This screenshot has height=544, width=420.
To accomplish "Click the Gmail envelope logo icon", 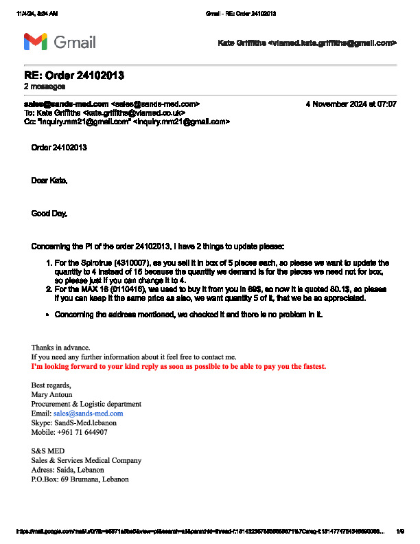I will click(x=35, y=42).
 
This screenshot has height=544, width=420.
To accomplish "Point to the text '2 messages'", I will click(x=45, y=87).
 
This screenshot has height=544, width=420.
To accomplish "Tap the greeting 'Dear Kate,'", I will click(x=49, y=181).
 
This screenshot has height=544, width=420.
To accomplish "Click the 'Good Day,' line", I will click(x=49, y=214).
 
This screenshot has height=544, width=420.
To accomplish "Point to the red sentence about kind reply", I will click(x=178, y=367).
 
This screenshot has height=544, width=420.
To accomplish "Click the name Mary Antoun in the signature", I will click(x=51, y=395).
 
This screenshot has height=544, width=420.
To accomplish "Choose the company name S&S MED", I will click(x=47, y=451).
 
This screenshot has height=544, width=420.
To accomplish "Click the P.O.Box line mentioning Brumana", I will click(x=80, y=479).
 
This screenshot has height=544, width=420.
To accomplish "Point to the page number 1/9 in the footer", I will click(x=400, y=531).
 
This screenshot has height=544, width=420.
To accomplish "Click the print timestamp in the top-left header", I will click(x=37, y=14).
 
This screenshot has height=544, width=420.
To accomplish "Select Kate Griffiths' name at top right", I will click(x=242, y=43).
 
